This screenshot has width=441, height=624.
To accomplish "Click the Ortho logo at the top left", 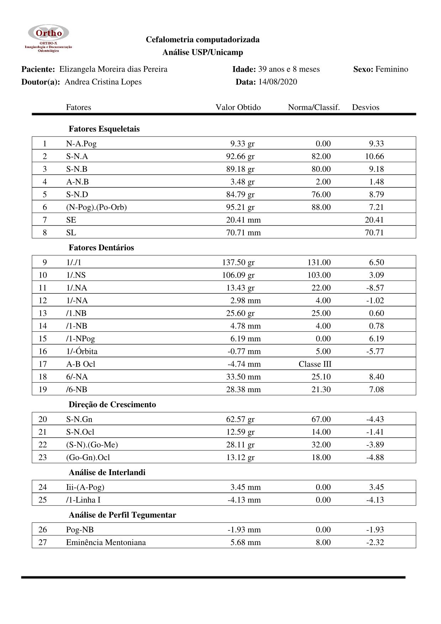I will coord(48,38).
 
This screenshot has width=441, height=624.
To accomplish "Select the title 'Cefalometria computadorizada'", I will coord(202,39).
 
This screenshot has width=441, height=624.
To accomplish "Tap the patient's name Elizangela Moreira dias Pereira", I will coord(113,69).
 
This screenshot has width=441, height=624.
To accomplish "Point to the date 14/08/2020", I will coord(277,82).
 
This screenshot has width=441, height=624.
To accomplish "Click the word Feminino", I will coord(392,69).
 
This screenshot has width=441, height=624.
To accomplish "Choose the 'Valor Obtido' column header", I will coord(238,107).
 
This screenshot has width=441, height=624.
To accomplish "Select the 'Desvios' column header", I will coord(365,107).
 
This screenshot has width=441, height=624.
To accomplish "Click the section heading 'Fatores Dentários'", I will coord(101,247).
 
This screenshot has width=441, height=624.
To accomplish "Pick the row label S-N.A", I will coord(77,156).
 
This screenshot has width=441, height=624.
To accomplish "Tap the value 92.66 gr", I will coord(240,156).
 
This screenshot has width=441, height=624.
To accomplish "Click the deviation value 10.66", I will coord(374,156).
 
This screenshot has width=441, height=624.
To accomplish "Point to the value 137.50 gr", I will coord(238,262).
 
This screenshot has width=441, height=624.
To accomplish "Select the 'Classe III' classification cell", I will coord(315,364).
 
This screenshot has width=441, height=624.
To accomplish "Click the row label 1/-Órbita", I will coord(81,351).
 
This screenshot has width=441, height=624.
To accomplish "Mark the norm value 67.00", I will coord(321,419).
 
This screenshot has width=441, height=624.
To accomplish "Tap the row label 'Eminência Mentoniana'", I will coord(106,542).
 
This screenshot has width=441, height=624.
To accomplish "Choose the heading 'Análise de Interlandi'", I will coord(107,472).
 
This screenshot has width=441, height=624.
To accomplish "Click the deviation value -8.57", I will coord(375,288).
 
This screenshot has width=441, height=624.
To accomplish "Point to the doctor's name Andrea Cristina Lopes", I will coord(103,82).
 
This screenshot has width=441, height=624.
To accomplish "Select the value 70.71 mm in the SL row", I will coord(243,233).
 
